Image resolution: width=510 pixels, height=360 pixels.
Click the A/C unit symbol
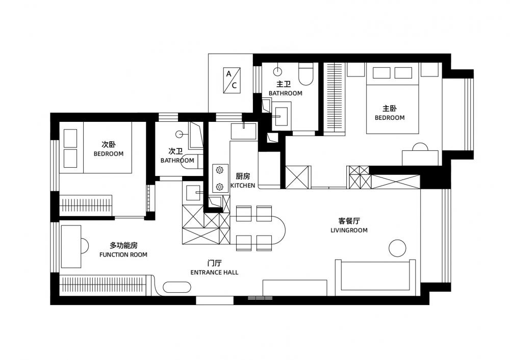pos(232,80)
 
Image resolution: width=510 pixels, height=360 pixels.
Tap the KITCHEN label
pos(243,186)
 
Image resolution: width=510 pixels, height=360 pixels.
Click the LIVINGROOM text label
pos(349,230)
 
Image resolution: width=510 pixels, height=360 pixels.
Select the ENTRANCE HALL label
pos(214,272)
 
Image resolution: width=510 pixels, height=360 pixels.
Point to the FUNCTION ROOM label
pos(123,254)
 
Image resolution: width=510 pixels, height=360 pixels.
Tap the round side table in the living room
pos(397,248)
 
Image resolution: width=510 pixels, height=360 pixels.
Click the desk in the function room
pos(71,246)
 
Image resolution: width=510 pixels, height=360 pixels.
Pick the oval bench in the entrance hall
pos(176,287)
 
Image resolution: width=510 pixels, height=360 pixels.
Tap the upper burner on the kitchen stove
pos(220,170)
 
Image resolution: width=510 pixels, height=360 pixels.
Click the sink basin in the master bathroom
pos(281,114)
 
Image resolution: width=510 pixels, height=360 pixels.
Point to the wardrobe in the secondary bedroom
pos(86,205)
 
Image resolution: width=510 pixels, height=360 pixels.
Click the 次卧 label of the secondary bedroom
pos(108,144)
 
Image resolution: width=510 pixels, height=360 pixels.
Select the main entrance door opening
pos(215,300)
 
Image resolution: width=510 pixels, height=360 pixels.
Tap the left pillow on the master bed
pos(381,73)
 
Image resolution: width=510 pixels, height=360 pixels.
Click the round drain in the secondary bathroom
pos(179,134)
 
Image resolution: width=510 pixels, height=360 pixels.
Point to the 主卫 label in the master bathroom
pos(284,84)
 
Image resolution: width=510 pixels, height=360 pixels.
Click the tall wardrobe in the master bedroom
pos(335,98)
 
